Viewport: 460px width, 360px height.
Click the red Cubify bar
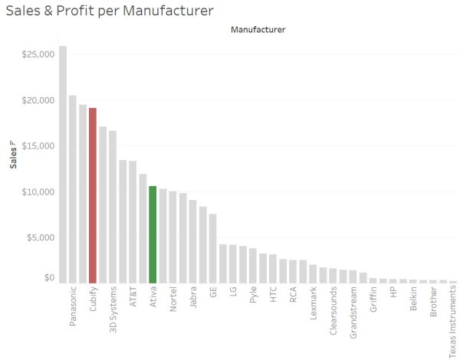[93, 195]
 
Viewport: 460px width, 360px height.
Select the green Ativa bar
[153, 234]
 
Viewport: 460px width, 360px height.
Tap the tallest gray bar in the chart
[63, 165]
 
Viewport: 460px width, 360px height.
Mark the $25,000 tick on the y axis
[37, 55]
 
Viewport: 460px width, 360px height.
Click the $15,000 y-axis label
[37, 146]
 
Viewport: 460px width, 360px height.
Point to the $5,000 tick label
[39, 237]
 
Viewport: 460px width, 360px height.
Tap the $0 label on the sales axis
[48, 278]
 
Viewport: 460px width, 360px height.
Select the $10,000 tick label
[37, 191]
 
